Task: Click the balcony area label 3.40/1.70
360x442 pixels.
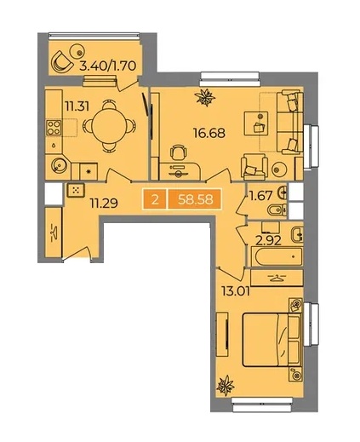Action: [108, 66]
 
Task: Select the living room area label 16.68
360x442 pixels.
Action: [209, 133]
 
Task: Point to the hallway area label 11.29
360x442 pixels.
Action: [104, 203]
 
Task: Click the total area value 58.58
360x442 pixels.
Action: [196, 199]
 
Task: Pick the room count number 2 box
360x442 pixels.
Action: [155, 199]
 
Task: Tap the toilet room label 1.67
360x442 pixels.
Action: [261, 196]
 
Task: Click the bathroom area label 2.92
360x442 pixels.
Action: [268, 241]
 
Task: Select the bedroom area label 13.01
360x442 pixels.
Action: [236, 291]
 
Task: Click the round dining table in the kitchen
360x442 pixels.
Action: [109, 126]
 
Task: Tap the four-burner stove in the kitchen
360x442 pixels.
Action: [54, 128]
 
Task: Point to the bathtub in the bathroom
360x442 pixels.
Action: [278, 256]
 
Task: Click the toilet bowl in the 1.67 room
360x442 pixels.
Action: [277, 210]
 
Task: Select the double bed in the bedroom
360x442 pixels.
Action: [272, 340]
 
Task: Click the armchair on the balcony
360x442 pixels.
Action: [61, 61]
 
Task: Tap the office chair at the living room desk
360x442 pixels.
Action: [179, 152]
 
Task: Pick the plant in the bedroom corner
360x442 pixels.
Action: [226, 386]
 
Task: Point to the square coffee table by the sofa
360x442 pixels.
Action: [256, 123]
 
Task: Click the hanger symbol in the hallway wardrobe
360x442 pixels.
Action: [54, 232]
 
